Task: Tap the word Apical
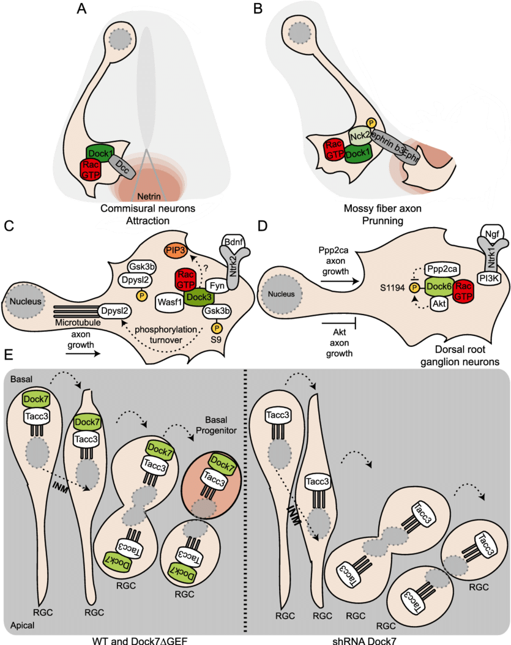[x=21, y=627]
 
